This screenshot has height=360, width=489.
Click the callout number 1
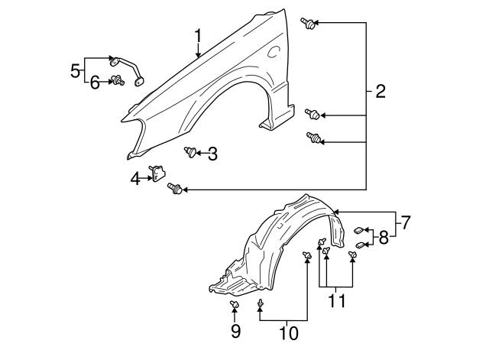click(x=198, y=36)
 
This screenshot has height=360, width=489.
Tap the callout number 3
click(x=212, y=154)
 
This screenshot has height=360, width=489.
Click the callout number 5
click(x=76, y=71)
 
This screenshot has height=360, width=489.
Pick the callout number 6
click(x=95, y=83)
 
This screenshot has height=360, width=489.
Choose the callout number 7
click(x=406, y=223)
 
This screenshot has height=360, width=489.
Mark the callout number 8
click(x=384, y=236)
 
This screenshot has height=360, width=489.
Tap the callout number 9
click(x=235, y=331)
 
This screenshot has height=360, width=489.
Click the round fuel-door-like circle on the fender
click(x=273, y=53)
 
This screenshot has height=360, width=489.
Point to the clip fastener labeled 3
click(x=190, y=152)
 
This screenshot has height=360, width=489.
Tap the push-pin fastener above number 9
click(x=235, y=306)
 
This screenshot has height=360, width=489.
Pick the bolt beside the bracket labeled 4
click(x=175, y=188)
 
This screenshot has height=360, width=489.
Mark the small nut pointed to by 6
click(x=118, y=81)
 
